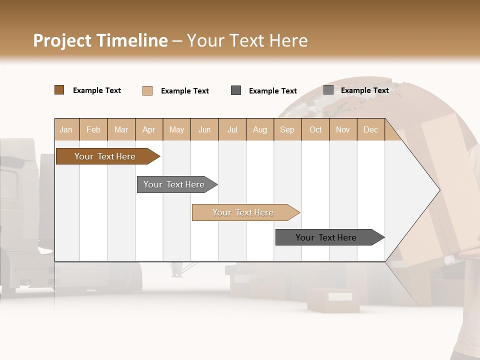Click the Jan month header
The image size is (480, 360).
coord(66,129)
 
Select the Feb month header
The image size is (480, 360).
coord(93,129)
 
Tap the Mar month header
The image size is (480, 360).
coord(121,129)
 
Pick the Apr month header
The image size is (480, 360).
coord(149,129)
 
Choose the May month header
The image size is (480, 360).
coord(176,129)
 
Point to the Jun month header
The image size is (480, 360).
coord(204,129)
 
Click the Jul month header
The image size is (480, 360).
coord(232,129)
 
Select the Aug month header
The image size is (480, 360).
coord(260,129)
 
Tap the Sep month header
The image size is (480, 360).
coord(287,129)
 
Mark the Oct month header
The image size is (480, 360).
coord(315,129)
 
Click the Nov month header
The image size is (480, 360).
coord(343,129)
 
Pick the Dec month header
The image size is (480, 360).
coord(371,129)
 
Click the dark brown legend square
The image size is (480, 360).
coord(59,90)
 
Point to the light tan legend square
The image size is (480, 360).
coord(147,90)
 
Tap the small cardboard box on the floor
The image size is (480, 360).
coord(332,299)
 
